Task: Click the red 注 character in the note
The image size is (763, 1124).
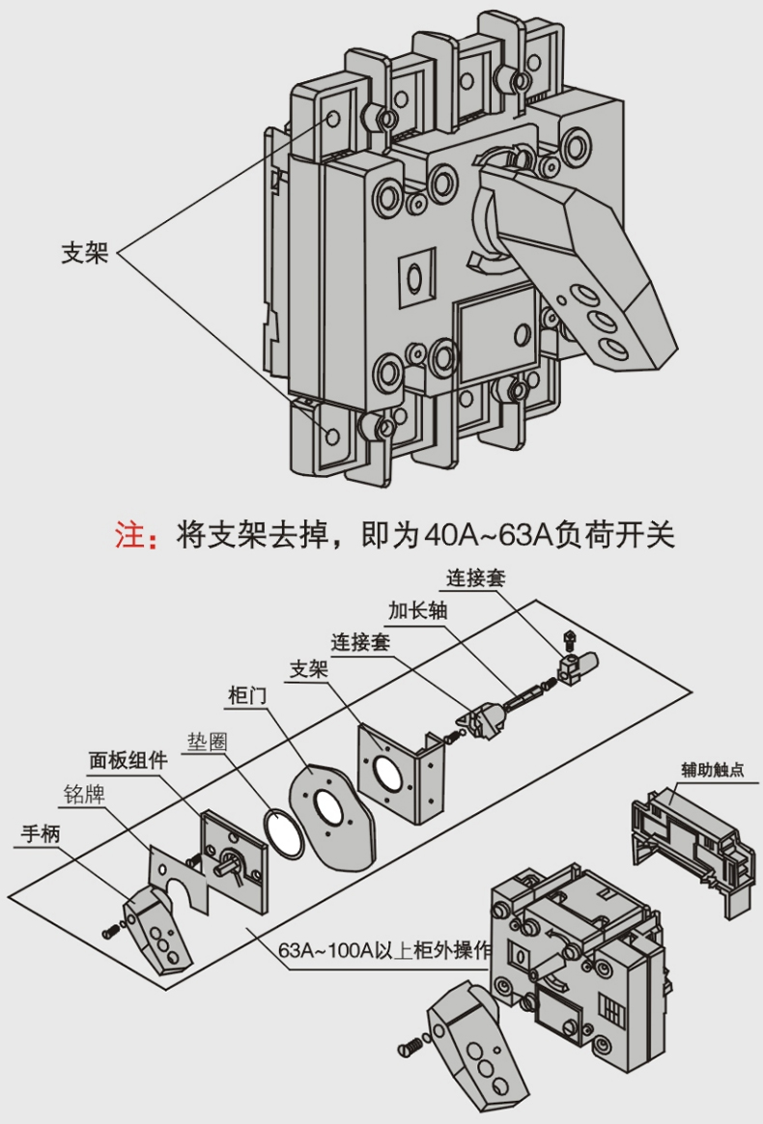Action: [128, 533]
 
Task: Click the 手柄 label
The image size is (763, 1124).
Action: [39, 833]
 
